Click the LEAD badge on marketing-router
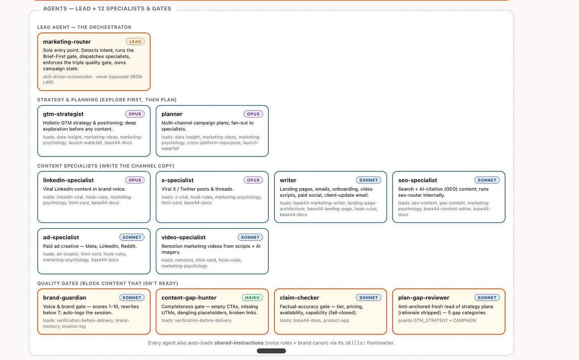(135, 42)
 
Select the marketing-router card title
(67, 42)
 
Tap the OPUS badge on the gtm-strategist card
(135, 114)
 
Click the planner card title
(172, 114)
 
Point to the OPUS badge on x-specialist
(253, 180)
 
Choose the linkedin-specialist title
(68, 180)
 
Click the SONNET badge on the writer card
(369, 180)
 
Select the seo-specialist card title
(418, 180)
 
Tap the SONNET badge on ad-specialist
(132, 237)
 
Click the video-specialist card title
(184, 237)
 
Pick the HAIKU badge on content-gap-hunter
(252, 298)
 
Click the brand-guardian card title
(64, 298)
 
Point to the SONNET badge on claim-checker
(369, 298)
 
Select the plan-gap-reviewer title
(424, 298)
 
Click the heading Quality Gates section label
(108, 283)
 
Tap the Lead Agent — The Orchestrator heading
(84, 27)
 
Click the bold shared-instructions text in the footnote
(239, 343)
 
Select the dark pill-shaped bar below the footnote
(271, 351)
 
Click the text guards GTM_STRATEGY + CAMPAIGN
(437, 321)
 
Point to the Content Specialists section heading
(106, 166)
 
